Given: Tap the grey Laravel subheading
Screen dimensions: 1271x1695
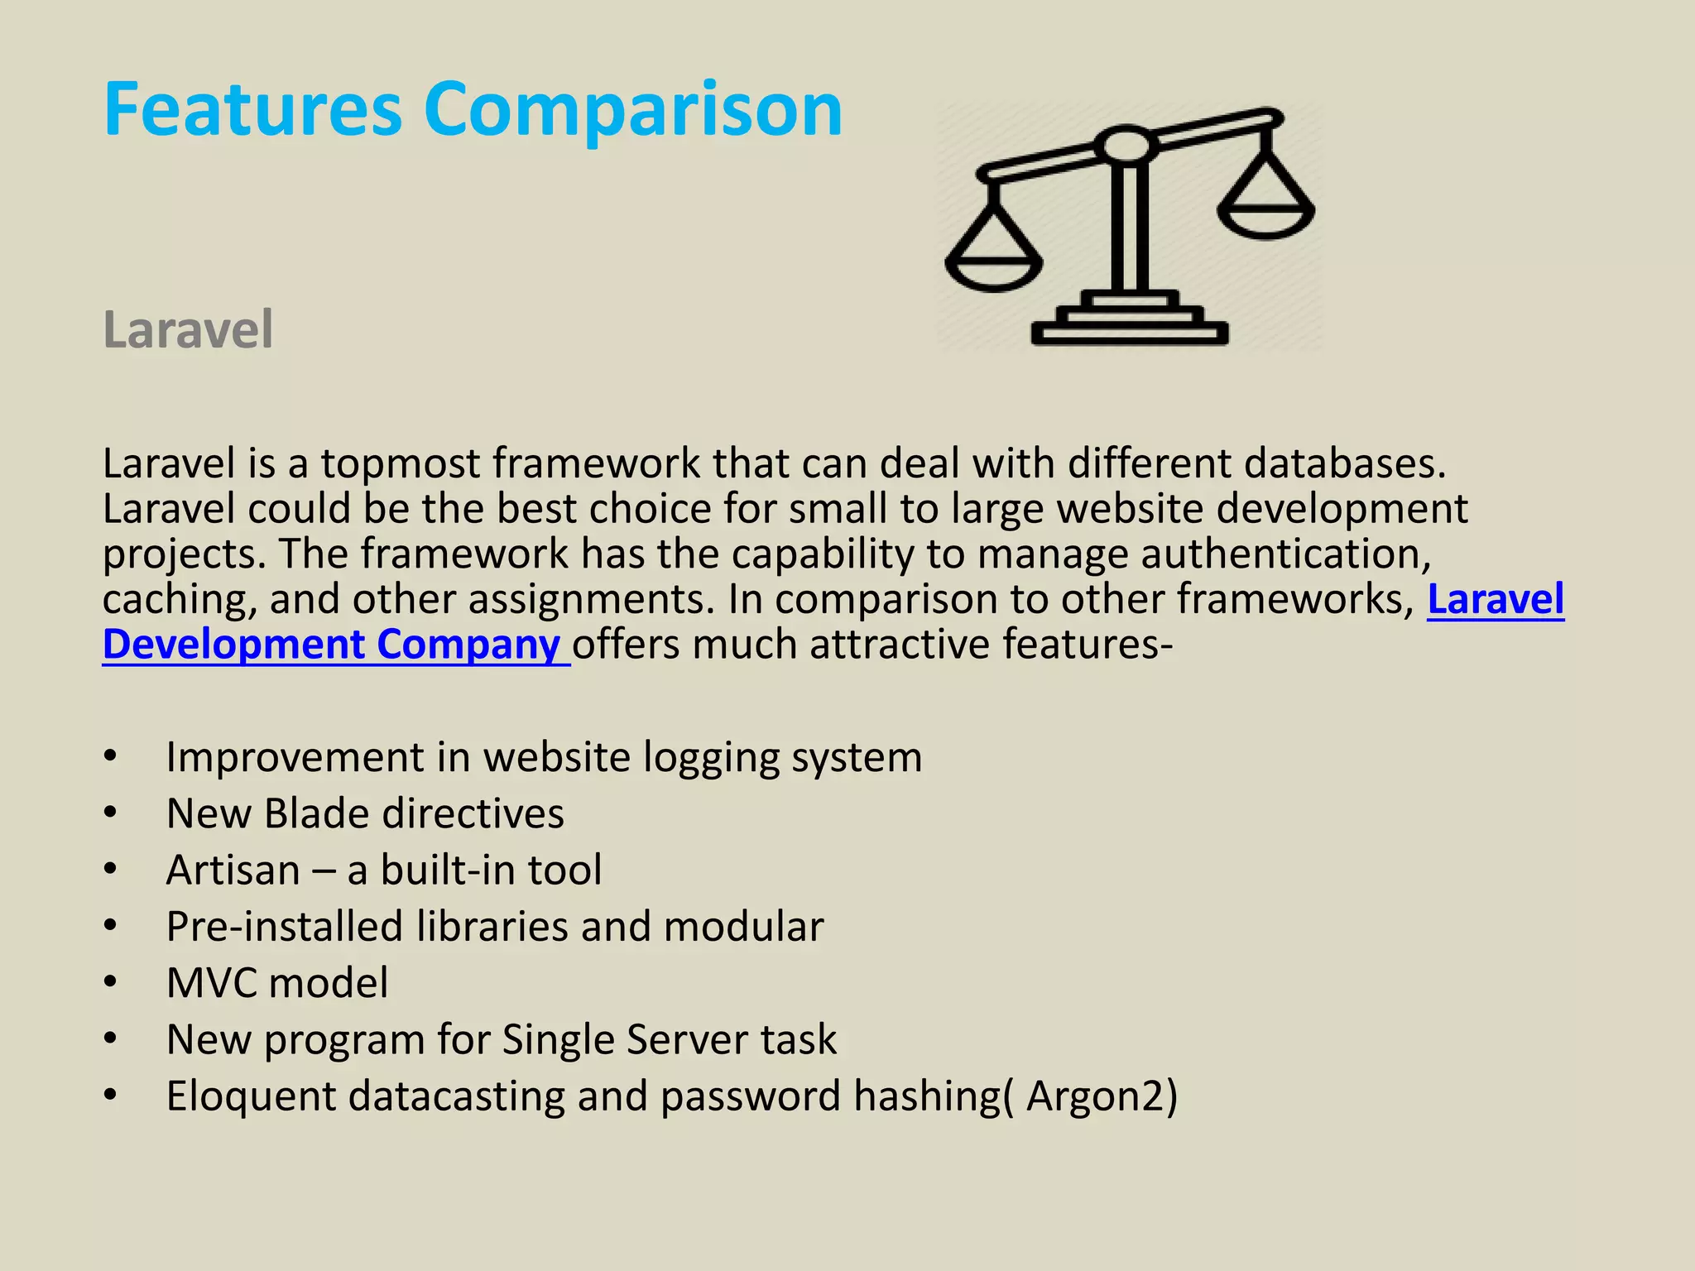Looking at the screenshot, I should click(188, 329).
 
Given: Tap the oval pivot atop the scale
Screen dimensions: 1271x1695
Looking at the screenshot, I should click(1126, 146).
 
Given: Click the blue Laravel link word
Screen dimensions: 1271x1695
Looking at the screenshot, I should click(1496, 599).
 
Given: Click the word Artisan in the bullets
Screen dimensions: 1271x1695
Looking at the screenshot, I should click(233, 871).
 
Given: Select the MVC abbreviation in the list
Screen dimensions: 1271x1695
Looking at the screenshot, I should click(211, 983).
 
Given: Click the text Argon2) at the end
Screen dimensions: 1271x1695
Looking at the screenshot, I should click(1101, 1096).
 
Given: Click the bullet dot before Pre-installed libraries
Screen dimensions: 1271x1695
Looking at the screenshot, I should click(111, 927).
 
